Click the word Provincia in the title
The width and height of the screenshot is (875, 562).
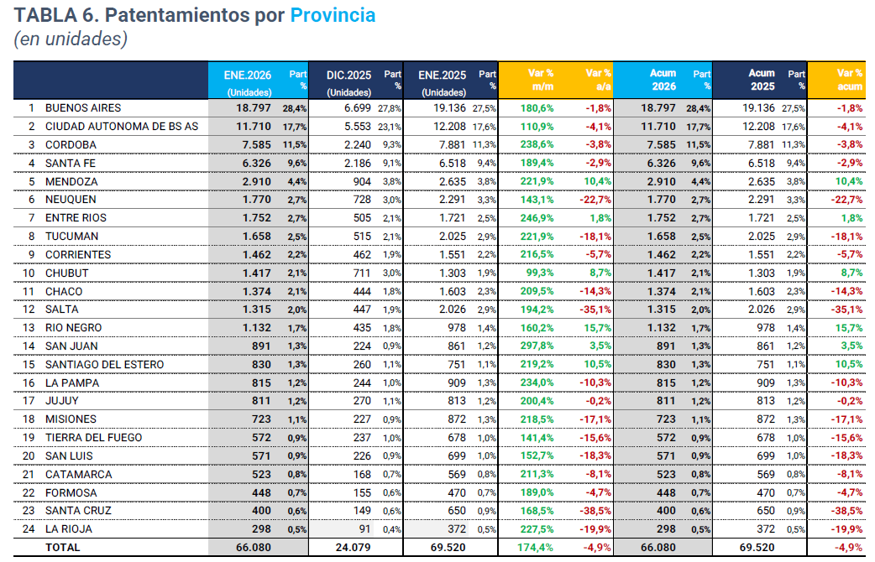[x=333, y=15]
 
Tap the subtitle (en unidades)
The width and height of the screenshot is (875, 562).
[x=70, y=39]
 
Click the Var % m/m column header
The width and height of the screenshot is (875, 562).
[x=541, y=80]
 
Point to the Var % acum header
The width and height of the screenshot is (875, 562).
[x=850, y=80]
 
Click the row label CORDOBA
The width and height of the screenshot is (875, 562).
[x=71, y=144]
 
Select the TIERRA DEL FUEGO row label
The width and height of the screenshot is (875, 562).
[x=93, y=437]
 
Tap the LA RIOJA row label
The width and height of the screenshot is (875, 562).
[x=69, y=529]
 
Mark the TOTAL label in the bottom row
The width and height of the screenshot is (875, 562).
[x=63, y=548]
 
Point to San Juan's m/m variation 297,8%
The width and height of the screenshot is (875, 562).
[x=537, y=346]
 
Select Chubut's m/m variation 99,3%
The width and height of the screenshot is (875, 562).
[x=540, y=273]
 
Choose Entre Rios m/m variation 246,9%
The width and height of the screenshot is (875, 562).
[x=537, y=218]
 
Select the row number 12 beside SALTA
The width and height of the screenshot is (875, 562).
[x=31, y=310]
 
